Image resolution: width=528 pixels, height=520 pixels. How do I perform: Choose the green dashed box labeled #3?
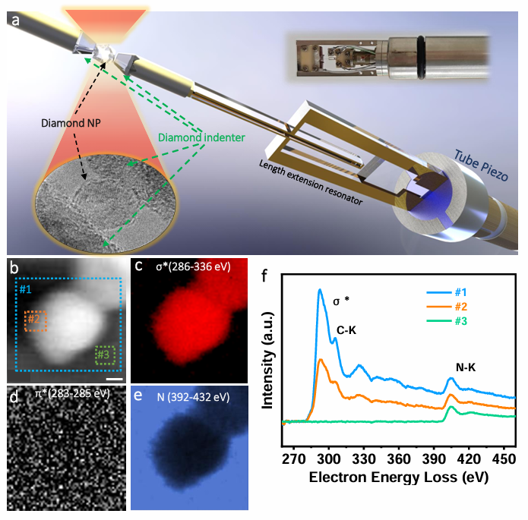106,354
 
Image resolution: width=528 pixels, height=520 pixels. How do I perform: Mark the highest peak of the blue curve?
320,290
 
